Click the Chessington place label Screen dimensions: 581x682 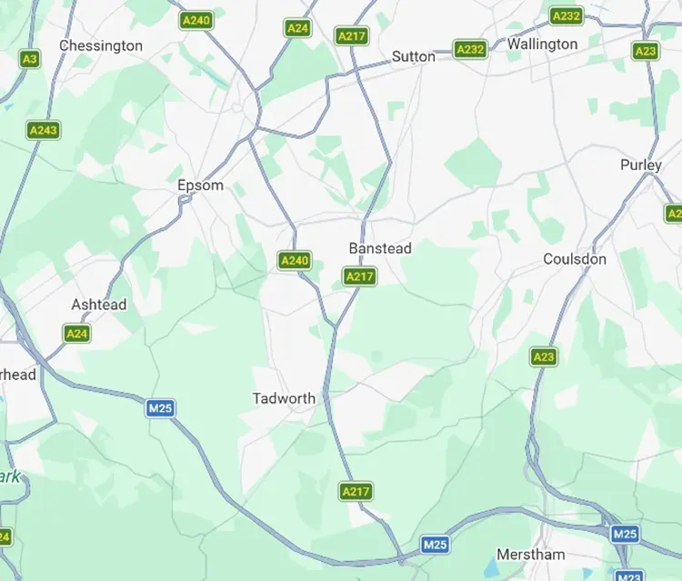pos(101,45)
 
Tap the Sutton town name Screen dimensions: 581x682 pos(414,56)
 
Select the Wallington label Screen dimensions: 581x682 pos(542,44)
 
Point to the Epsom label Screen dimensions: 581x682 pos(200,185)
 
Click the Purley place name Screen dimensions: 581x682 pos(641,165)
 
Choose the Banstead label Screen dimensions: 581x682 pos(380,248)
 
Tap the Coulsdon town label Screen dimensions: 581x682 pos(575,259)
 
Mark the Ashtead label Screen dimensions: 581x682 pos(99,305)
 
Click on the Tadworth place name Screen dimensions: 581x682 pos(285,398)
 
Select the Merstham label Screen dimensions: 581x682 pos(531,554)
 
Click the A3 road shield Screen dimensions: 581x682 pos(30,58)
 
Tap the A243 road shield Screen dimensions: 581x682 pos(44,130)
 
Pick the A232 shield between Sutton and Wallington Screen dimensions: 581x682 pos(470,49)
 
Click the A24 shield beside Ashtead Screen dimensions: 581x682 pos(77,334)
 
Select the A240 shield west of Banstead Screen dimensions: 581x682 pos(295,261)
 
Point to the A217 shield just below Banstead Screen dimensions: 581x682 pos(360,275)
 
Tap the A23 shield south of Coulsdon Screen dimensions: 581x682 pos(544,356)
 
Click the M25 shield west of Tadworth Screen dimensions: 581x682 pos(160,408)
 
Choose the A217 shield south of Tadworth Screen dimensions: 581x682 pos(356,492)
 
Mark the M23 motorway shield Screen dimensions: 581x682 pos(628,576)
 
